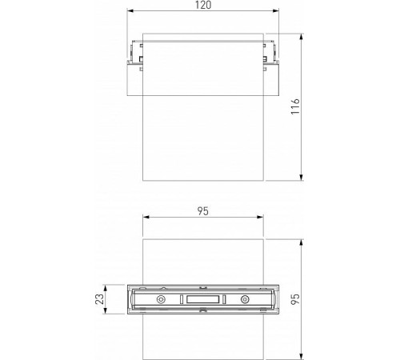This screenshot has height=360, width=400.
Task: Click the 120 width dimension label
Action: tap(202, 6)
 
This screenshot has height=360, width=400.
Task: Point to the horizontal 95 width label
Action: tap(202, 211)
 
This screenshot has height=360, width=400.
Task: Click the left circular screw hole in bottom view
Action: tap(162, 299)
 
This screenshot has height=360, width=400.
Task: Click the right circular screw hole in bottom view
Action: tap(245, 299)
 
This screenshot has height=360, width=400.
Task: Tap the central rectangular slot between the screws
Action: tap(203, 299)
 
